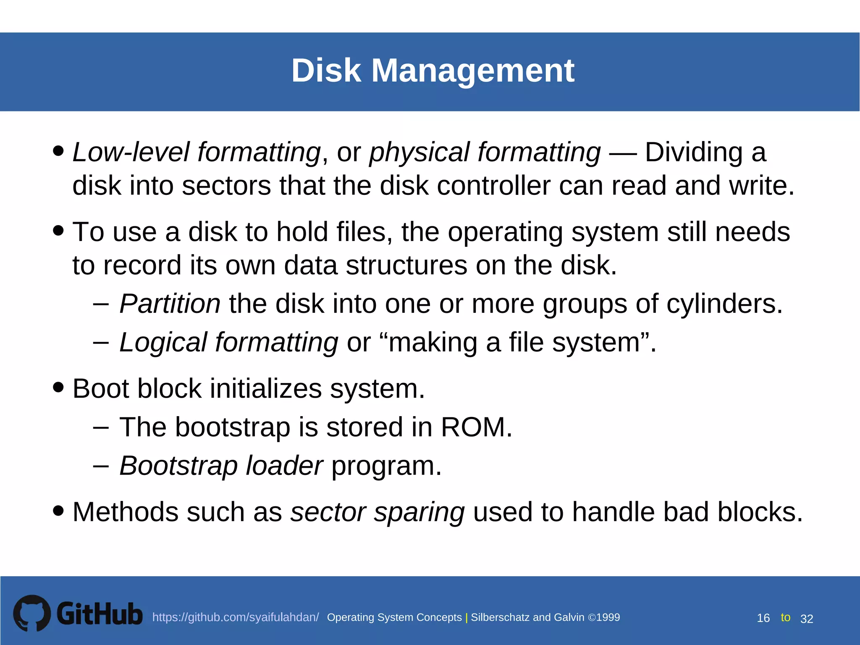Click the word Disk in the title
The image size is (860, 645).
pos(326,71)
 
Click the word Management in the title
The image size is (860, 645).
pos(472,71)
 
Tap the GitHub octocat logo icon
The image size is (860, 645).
pos(32,613)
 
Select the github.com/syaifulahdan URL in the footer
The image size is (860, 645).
pos(236,617)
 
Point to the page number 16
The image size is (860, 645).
pos(763,618)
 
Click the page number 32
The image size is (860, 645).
pos(807,619)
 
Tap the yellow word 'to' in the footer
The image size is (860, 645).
pos(785,617)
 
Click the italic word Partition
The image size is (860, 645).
pos(170,304)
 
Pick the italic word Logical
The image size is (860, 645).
pos(163,342)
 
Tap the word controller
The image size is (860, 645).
pos(493,186)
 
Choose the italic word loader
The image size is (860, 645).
pos(284,466)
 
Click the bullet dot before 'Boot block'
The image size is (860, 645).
pos(59,387)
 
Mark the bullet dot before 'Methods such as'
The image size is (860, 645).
pos(59,511)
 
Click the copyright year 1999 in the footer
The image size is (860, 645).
pos(608,617)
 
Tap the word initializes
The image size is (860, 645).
pos(265,388)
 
